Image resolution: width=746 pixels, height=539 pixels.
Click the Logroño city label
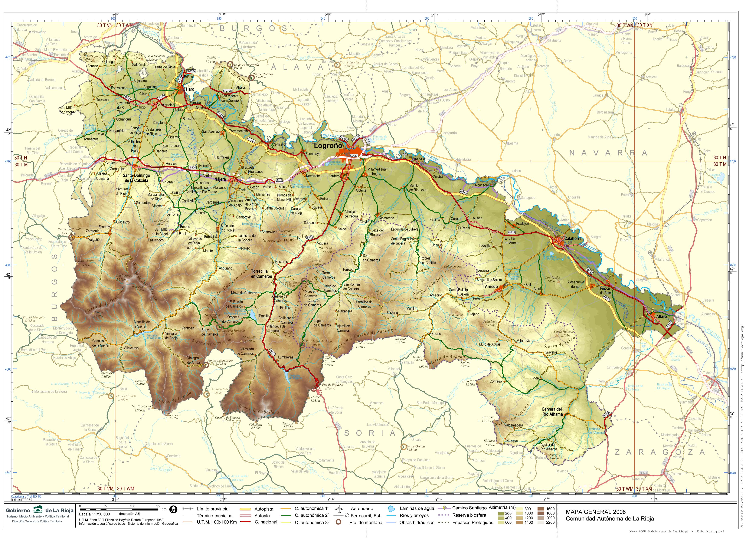pos(328,145)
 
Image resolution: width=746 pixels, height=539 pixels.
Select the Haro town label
pos(190,89)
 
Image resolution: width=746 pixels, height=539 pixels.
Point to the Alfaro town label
pos(661,316)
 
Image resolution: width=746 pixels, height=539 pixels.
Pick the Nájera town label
pos(220,179)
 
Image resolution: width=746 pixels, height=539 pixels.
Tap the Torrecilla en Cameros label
pos(262,274)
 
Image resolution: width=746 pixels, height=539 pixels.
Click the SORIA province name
pos(370,433)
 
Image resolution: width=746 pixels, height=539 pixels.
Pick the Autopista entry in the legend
pos(264,509)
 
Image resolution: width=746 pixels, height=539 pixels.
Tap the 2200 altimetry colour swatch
pos(550,522)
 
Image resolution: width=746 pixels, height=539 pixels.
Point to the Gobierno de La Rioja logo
pos(38,510)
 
